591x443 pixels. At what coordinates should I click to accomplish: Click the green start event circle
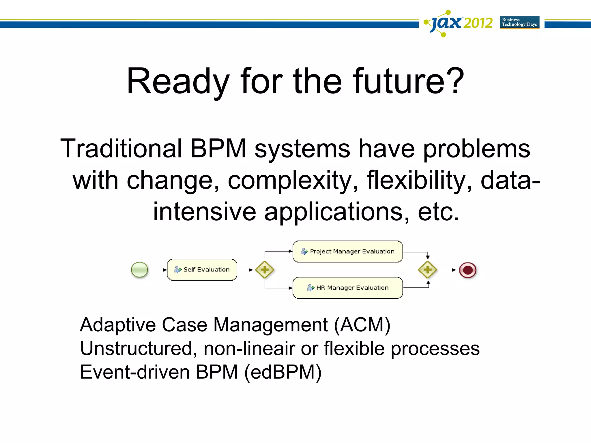(x=139, y=270)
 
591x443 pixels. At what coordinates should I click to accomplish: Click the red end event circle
(x=467, y=270)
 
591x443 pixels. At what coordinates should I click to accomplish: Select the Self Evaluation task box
(x=202, y=270)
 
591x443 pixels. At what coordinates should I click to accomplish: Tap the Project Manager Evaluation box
(x=347, y=251)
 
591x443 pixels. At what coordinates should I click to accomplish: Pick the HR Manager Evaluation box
(x=347, y=288)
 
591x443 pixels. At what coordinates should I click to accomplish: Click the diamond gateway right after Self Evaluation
(x=265, y=270)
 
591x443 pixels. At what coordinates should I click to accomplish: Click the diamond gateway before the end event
(x=427, y=270)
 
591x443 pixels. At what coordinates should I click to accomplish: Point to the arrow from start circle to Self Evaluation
(x=159, y=270)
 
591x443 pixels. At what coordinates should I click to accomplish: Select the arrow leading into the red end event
(x=448, y=270)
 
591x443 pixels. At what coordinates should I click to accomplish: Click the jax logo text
(x=446, y=22)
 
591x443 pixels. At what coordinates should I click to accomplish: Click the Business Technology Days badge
(x=519, y=22)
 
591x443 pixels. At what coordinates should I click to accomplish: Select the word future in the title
(x=399, y=81)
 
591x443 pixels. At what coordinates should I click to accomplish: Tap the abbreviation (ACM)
(x=362, y=325)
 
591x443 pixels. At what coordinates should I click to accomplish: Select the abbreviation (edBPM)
(x=283, y=372)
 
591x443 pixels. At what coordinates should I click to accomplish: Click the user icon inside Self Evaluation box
(x=178, y=270)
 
